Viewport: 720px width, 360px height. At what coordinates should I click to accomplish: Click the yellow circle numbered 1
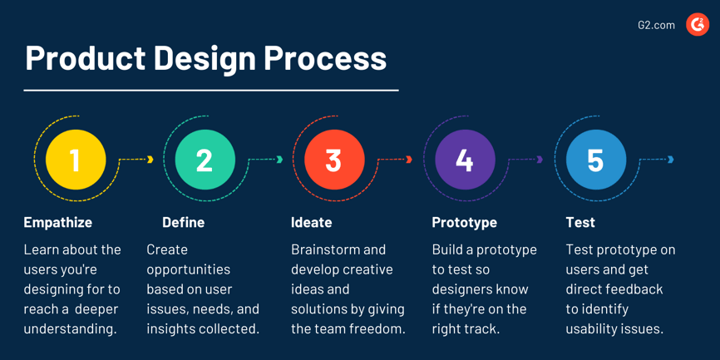[x=76, y=160]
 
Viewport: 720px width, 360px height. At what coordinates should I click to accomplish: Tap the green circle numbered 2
[x=205, y=160]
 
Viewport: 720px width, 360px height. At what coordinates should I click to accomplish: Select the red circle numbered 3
[x=334, y=160]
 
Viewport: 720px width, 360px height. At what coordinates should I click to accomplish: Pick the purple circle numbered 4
[x=465, y=160]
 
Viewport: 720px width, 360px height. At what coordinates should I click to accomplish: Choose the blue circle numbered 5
[x=595, y=160]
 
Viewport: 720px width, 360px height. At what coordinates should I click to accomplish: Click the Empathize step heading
[x=57, y=222]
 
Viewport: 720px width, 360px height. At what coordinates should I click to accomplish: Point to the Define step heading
[x=183, y=222]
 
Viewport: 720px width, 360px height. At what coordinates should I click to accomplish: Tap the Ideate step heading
[x=311, y=222]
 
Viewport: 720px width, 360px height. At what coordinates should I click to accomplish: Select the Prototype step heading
[x=464, y=222]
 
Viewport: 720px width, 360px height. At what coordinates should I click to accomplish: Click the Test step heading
[x=579, y=222]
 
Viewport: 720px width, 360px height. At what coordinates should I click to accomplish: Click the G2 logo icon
[x=697, y=25]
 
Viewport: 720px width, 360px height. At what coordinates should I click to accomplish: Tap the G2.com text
[x=656, y=25]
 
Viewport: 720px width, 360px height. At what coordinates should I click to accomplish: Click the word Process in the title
[x=326, y=58]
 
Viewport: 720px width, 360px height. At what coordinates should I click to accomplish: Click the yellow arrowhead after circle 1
[x=150, y=160]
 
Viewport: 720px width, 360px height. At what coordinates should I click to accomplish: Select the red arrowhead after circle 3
[x=409, y=160]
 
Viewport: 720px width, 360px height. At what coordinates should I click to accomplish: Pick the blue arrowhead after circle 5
[x=671, y=160]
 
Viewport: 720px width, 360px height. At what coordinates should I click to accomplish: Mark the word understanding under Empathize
[x=70, y=328]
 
